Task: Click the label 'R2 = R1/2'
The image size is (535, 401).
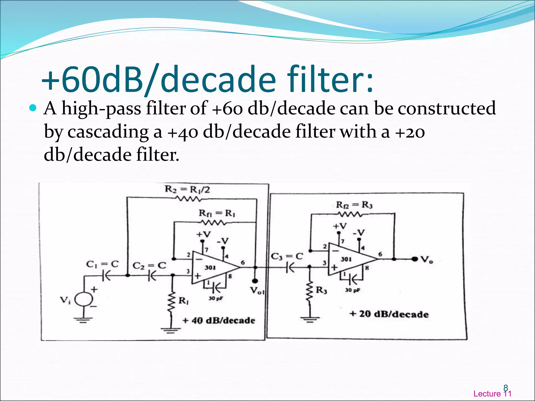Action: (187, 189)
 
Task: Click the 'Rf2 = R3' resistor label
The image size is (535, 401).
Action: (354, 205)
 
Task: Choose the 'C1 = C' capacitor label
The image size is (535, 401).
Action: (102, 264)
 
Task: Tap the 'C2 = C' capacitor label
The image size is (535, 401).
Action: (149, 266)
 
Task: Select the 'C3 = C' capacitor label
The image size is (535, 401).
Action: (287, 256)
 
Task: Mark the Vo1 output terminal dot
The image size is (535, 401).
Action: (255, 281)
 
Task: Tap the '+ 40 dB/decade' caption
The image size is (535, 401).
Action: (219, 320)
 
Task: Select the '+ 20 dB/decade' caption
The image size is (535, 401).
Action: (389, 314)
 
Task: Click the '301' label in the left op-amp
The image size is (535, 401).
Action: (210, 268)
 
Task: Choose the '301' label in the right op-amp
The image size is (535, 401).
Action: (346, 259)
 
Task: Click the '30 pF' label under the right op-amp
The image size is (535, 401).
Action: (353, 290)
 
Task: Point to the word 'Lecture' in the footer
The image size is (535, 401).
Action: (487, 394)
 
